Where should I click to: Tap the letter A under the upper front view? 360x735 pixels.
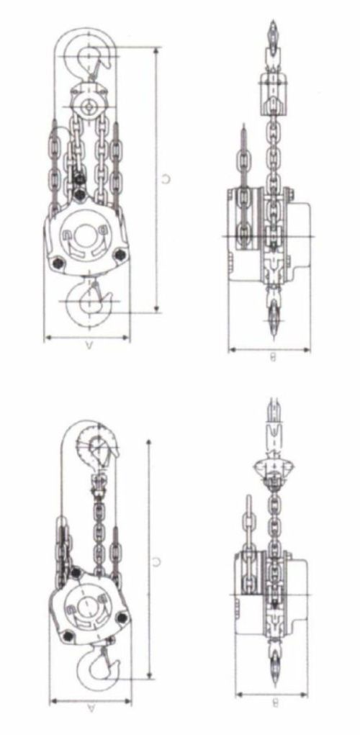[88, 346]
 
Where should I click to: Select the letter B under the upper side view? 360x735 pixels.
[272, 358]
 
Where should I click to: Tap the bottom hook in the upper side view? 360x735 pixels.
[273, 313]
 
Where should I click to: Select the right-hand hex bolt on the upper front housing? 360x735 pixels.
[120, 253]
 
